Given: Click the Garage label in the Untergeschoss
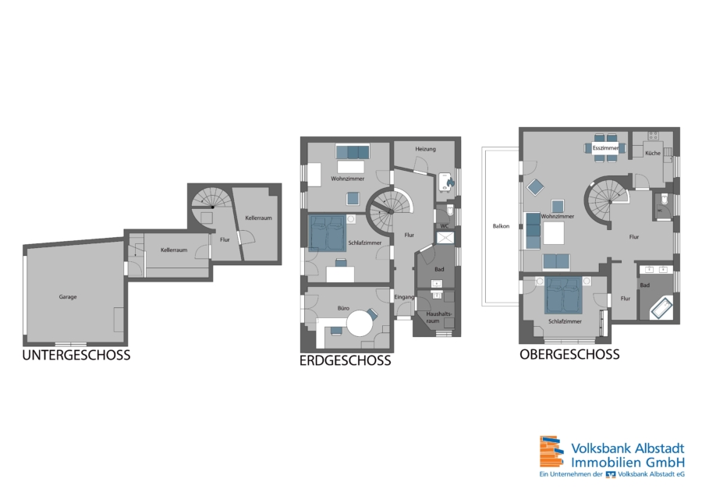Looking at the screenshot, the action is pyautogui.click(x=68, y=297).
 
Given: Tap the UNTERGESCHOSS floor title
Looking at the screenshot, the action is pyautogui.click(x=76, y=355).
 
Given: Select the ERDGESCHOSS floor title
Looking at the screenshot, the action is pyautogui.click(x=346, y=360).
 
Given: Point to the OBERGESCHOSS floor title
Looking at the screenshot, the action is pyautogui.click(x=569, y=354).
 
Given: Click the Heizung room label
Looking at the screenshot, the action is pyautogui.click(x=425, y=149).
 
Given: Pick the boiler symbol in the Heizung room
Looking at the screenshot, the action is pyautogui.click(x=446, y=182).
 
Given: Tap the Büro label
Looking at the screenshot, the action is pyautogui.click(x=343, y=308).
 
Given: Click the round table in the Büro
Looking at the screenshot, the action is pyautogui.click(x=360, y=323).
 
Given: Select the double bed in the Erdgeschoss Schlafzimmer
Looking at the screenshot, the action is pyautogui.click(x=328, y=232).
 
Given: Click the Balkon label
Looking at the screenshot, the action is pyautogui.click(x=501, y=226).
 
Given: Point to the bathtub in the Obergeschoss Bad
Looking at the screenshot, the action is pyautogui.click(x=661, y=308).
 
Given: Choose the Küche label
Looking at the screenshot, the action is pyautogui.click(x=653, y=153).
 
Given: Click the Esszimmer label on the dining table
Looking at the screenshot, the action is pyautogui.click(x=605, y=147).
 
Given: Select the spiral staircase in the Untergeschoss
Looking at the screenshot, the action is pyautogui.click(x=211, y=199).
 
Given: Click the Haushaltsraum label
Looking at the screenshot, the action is pyautogui.click(x=438, y=317).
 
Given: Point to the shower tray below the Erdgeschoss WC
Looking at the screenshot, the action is pyautogui.click(x=445, y=238).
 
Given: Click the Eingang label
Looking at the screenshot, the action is pyautogui.click(x=404, y=297).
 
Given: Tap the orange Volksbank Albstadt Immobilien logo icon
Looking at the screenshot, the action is pyautogui.click(x=551, y=452).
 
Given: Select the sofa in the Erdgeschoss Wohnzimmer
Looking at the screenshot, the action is pyautogui.click(x=353, y=152).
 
